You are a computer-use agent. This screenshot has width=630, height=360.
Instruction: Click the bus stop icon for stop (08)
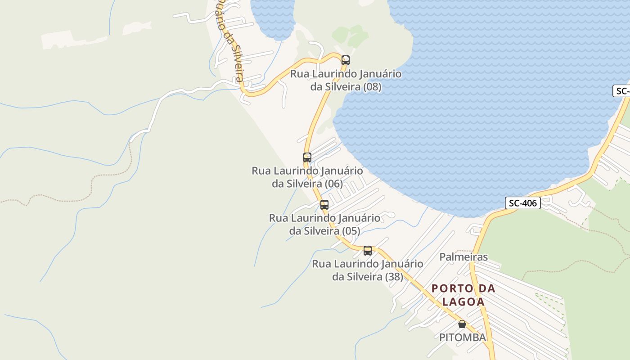coord(346,60)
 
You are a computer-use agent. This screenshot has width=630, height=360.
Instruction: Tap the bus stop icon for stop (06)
coord(307,157)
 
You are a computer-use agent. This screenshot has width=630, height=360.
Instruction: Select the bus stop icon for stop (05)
coord(324,205)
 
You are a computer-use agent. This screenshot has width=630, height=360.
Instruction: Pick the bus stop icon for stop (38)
coord(368,251)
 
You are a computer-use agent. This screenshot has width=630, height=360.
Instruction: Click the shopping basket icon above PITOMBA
coord(462,324)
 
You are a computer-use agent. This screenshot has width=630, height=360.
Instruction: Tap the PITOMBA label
coord(463,337)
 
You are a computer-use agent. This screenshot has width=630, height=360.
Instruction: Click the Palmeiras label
coord(463,257)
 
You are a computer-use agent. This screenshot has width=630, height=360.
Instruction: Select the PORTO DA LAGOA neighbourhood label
coord(463,295)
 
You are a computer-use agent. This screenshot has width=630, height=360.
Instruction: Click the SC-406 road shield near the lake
coord(522,203)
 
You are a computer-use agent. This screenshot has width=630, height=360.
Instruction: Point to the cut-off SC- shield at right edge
coord(622,91)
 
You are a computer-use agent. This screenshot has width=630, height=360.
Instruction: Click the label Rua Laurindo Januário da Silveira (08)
coord(346,80)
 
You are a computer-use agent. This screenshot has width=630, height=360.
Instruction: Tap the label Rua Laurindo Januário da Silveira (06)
coord(307,177)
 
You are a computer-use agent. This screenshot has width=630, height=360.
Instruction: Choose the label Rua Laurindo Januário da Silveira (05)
coord(324,224)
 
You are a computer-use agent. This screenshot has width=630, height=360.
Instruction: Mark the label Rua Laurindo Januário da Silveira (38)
coord(368,270)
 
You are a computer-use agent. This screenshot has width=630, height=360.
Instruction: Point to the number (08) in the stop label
coord(372,87)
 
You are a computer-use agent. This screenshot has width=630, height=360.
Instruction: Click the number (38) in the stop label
coord(394,277)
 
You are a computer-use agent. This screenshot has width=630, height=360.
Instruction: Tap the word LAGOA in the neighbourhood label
coord(463,301)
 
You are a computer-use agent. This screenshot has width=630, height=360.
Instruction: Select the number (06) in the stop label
coord(333,184)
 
